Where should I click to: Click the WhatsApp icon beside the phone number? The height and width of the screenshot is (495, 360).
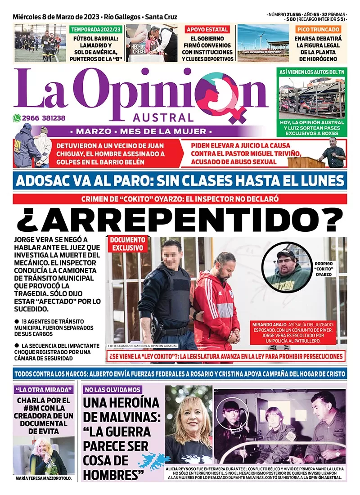17,118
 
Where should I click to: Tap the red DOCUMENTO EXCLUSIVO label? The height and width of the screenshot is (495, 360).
127,244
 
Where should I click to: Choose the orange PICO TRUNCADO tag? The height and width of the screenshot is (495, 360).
319,29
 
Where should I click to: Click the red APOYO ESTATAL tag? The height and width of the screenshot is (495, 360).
207,30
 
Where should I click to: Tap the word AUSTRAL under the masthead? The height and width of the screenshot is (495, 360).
163,118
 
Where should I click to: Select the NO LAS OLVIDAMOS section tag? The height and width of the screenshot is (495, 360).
112,390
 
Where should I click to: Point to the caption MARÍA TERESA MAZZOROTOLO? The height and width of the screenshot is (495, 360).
43,478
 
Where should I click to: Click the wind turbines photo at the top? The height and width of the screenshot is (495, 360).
263,43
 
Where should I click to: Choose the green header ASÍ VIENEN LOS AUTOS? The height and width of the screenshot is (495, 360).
311,72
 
